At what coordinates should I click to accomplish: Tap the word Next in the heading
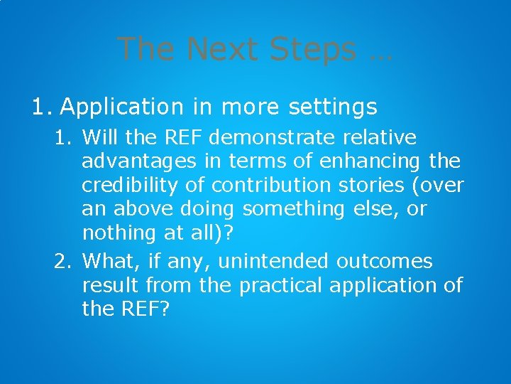pyautogui.click(x=221, y=49)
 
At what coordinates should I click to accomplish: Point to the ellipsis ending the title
pyautogui.click(x=380, y=51)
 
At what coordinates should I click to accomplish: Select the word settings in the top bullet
pyautogui.click(x=333, y=107)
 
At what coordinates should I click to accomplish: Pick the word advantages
pyautogui.click(x=138, y=162)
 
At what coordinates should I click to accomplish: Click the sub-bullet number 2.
pyautogui.click(x=62, y=262)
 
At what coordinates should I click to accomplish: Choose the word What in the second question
pyautogui.click(x=106, y=262)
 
